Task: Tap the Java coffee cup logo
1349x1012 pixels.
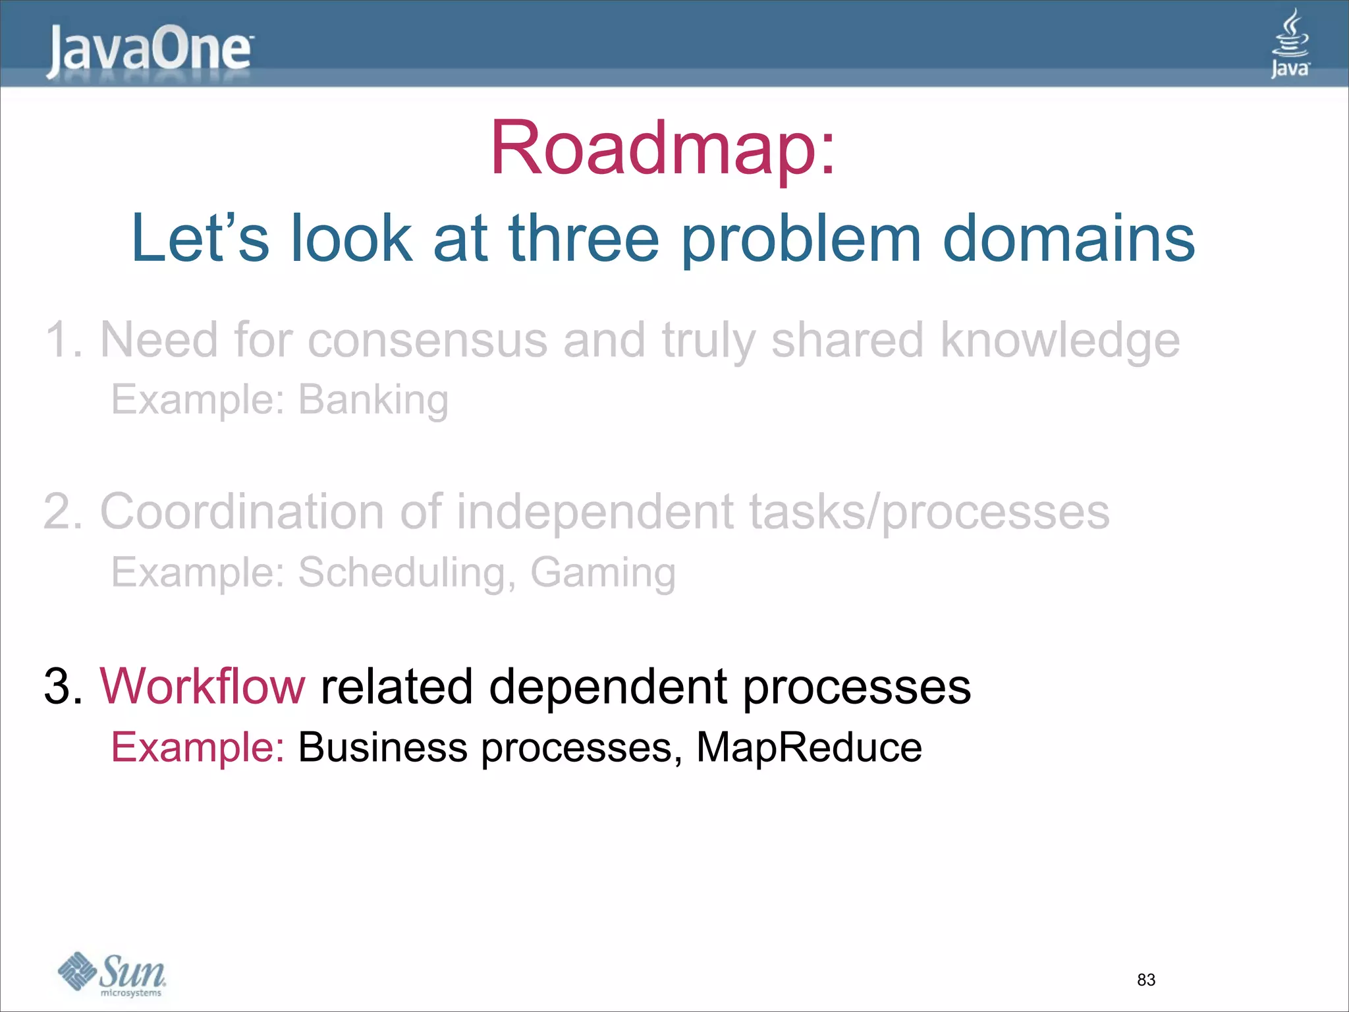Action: click(1290, 43)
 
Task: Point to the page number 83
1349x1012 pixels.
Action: click(1146, 980)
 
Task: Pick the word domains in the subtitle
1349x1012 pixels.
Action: click(1068, 239)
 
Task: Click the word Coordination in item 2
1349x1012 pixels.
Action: click(242, 512)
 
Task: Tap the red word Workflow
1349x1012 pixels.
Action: click(202, 687)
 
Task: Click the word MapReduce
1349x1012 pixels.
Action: click(809, 747)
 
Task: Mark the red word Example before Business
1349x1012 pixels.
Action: click(197, 748)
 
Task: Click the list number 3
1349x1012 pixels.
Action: click(59, 687)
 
